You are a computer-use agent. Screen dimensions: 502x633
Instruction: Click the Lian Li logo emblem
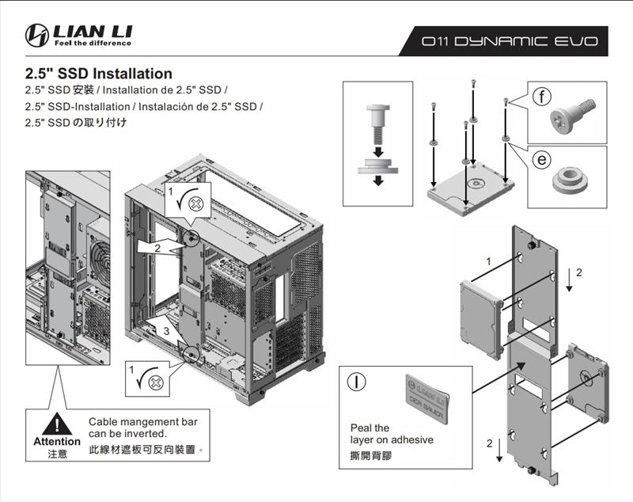click(x=36, y=35)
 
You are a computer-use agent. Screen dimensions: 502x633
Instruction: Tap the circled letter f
click(x=540, y=98)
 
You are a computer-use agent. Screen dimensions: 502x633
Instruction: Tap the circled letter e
click(x=540, y=159)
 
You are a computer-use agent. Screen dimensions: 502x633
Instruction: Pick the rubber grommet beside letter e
click(x=569, y=180)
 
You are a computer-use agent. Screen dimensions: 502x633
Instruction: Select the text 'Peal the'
click(x=370, y=428)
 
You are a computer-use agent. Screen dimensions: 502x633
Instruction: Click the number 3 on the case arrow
click(x=166, y=330)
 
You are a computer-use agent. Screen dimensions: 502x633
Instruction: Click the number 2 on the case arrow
click(x=157, y=248)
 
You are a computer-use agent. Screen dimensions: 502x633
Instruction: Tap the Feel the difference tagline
click(x=89, y=43)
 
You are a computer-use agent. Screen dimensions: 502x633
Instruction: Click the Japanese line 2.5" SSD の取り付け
click(x=76, y=123)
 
